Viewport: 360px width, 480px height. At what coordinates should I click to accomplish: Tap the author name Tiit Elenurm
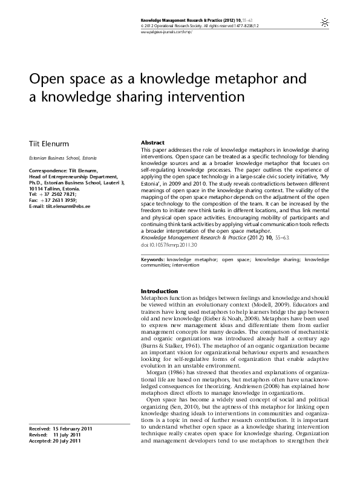45,143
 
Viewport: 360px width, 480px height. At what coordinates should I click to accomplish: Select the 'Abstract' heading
152,142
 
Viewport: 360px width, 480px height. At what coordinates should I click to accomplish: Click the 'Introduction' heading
159,291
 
